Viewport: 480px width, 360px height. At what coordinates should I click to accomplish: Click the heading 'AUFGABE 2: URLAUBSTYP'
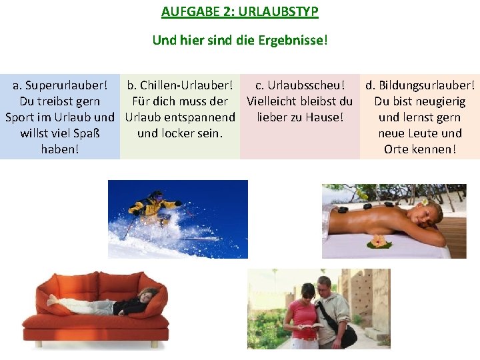pyautogui.click(x=240, y=12)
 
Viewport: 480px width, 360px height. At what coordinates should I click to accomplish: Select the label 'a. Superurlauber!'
pyautogui.click(x=60, y=86)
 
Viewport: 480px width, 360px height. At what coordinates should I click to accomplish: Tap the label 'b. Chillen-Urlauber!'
pyautogui.click(x=180, y=86)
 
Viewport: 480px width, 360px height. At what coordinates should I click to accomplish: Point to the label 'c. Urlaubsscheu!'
pyautogui.click(x=300, y=86)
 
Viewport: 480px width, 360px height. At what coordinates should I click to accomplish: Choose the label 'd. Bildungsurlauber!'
pyautogui.click(x=420, y=86)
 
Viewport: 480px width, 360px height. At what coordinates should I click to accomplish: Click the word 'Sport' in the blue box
pyautogui.click(x=21, y=117)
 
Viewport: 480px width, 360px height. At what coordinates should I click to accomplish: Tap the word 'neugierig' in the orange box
pyautogui.click(x=439, y=102)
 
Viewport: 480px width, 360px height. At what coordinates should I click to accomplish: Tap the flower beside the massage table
pyautogui.click(x=379, y=241)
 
